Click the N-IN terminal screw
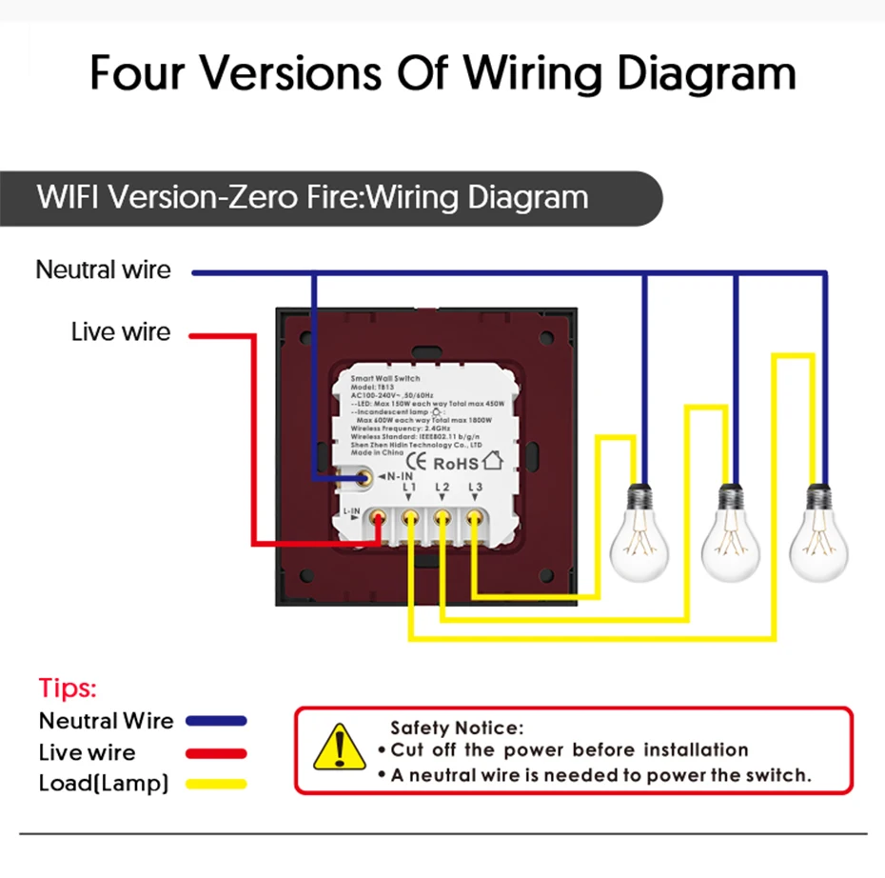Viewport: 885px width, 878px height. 363,478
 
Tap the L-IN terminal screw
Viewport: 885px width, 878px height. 379,520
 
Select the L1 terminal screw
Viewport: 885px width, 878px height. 410,520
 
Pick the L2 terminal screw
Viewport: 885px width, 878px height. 442,520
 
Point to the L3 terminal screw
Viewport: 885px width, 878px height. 473,520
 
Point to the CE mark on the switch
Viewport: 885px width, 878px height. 415,465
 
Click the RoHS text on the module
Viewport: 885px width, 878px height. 456,465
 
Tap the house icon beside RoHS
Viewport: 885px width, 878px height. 492,462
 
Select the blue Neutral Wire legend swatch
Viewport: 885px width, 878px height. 216,721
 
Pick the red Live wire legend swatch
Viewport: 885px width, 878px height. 216,753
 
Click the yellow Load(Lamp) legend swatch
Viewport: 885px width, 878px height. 216,785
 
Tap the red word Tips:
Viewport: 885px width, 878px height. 68,688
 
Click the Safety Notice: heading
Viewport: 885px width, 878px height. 457,728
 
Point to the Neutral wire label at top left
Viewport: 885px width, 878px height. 103,269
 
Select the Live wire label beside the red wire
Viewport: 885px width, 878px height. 121,332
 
